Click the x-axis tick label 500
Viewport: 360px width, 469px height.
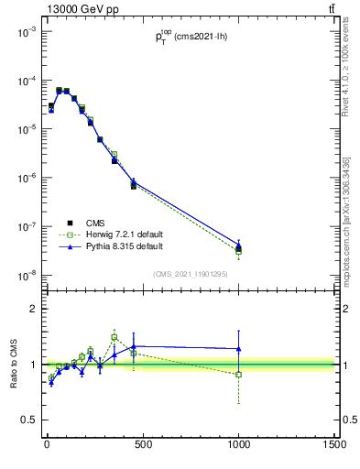143,444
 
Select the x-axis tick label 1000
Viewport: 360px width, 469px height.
239,444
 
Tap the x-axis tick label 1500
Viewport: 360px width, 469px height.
333,444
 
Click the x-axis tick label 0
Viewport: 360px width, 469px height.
47,444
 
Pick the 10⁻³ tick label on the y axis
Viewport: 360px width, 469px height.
26,31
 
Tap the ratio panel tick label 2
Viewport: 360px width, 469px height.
33,309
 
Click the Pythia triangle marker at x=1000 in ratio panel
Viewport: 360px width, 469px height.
239,348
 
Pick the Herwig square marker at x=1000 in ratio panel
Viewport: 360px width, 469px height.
239,374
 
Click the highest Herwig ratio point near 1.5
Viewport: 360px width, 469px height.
115,337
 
